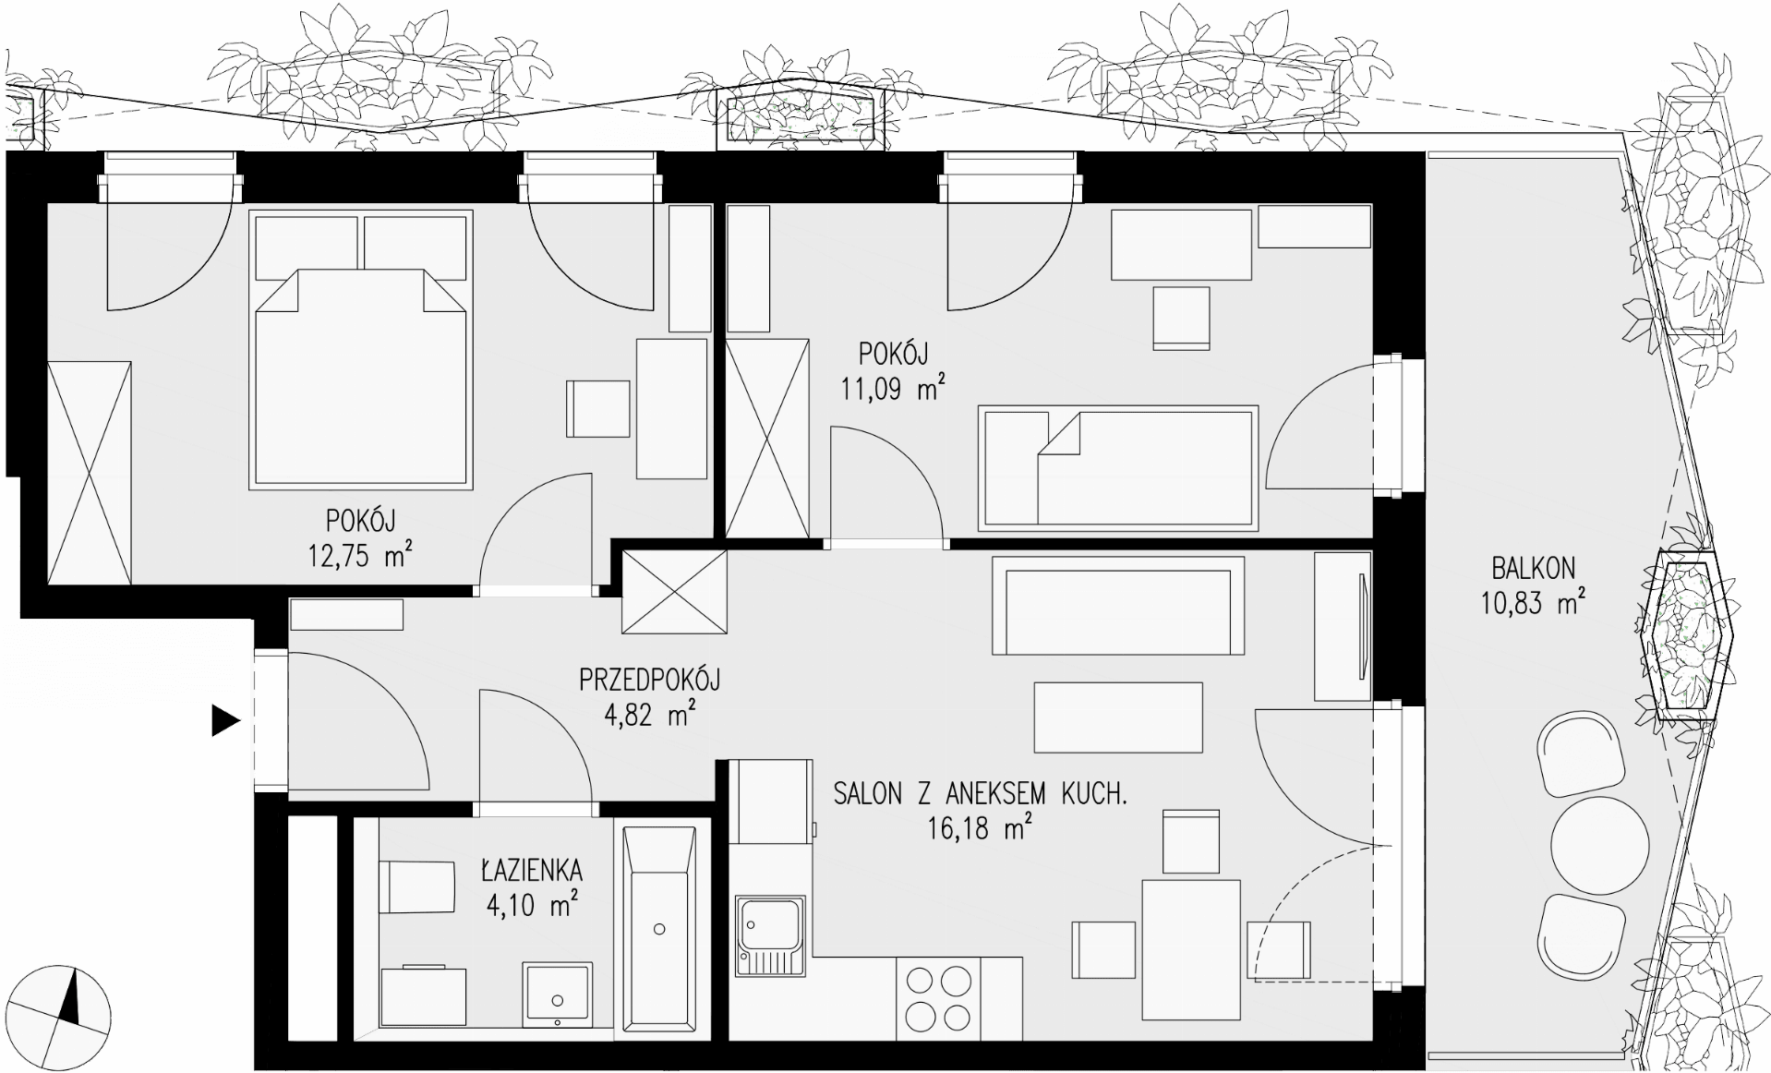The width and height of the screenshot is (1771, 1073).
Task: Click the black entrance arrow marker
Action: (x=224, y=720)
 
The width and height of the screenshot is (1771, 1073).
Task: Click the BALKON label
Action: (x=1533, y=567)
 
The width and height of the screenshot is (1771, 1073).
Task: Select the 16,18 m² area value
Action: (x=979, y=827)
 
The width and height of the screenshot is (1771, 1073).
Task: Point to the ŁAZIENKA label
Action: (x=532, y=869)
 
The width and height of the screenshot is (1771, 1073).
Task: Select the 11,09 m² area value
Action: (x=892, y=388)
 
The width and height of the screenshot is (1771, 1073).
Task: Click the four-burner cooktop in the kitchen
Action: (x=938, y=997)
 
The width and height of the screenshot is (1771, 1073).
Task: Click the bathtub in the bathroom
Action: (x=659, y=927)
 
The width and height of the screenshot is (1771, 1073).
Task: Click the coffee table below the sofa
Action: (x=1118, y=717)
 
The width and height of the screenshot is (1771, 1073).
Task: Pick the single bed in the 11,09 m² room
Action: (x=1118, y=468)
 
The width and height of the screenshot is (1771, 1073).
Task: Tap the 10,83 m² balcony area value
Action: (x=1534, y=603)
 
